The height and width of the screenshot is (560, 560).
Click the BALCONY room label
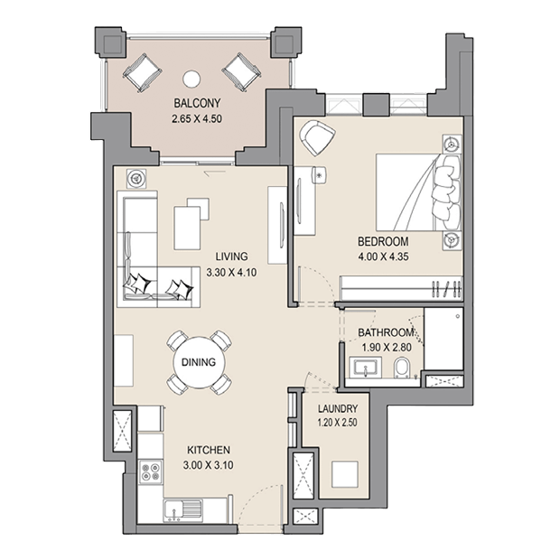click(x=197, y=103)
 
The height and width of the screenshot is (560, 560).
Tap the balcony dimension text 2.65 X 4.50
click(x=197, y=119)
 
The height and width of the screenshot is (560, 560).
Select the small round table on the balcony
click(x=191, y=79)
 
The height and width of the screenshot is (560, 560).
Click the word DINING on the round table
click(x=199, y=362)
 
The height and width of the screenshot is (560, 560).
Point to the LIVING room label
click(x=231, y=257)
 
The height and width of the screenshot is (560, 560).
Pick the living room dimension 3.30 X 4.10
click(x=231, y=273)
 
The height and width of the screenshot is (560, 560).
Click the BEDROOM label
click(x=383, y=241)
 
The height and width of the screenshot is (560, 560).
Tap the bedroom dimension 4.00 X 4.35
click(x=383, y=257)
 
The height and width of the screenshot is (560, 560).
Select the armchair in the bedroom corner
click(x=317, y=137)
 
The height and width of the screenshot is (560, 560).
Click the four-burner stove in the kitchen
click(x=150, y=472)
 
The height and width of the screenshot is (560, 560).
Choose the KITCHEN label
click(x=209, y=450)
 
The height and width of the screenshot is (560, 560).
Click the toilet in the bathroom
click(x=403, y=368)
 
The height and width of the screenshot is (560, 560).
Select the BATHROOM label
click(x=386, y=332)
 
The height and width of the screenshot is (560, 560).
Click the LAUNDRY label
click(x=338, y=408)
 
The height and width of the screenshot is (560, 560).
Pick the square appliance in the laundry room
click(x=345, y=474)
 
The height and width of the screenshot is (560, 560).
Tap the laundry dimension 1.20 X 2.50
click(x=338, y=423)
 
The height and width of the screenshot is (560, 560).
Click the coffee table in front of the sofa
click(x=187, y=228)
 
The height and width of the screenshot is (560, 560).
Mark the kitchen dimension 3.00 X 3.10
click(x=209, y=465)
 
